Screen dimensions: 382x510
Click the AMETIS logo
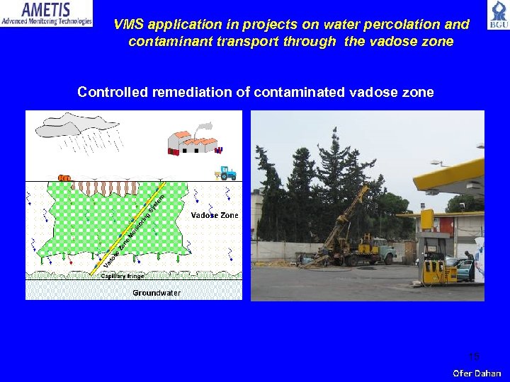(47, 13)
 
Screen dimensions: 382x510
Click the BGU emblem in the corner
(497, 16)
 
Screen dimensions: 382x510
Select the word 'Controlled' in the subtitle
(112, 93)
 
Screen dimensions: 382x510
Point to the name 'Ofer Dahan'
(477, 373)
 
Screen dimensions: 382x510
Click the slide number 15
(474, 355)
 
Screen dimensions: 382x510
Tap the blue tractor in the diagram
(226, 173)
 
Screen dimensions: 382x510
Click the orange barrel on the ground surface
(64, 178)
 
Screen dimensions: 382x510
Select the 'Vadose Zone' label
(215, 215)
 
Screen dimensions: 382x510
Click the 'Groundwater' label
(156, 292)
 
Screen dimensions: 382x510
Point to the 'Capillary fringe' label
(122, 276)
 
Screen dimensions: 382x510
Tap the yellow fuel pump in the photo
(431, 270)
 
